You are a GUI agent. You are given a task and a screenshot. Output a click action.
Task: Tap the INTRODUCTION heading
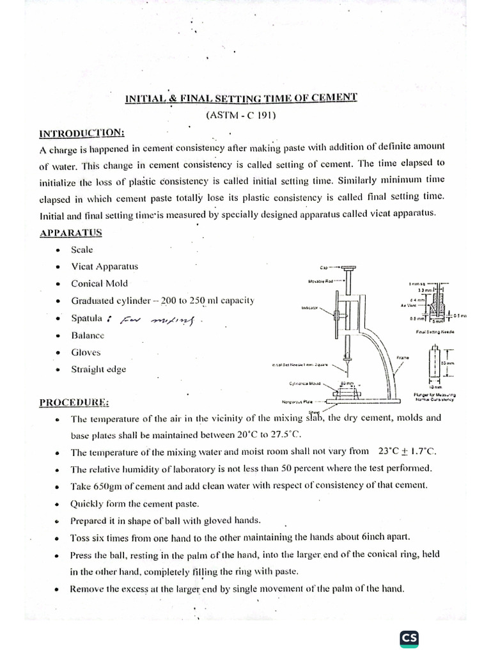[x=82, y=132]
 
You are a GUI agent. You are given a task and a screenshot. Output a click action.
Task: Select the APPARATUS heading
[x=70, y=233]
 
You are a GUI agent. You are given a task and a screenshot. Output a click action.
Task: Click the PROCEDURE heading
[x=74, y=402]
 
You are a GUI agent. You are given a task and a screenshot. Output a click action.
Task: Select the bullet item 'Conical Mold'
[x=99, y=283]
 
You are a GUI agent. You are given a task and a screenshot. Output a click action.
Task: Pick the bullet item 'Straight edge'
[x=98, y=369]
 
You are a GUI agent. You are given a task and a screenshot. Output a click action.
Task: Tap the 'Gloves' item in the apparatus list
[x=86, y=352]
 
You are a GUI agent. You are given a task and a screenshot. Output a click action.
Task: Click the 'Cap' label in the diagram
[x=322, y=267]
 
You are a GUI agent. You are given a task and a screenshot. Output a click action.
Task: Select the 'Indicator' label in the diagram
[x=309, y=308]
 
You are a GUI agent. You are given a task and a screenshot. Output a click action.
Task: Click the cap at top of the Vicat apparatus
[x=349, y=267]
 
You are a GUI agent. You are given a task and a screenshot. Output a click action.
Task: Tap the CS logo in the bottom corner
[x=409, y=639]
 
